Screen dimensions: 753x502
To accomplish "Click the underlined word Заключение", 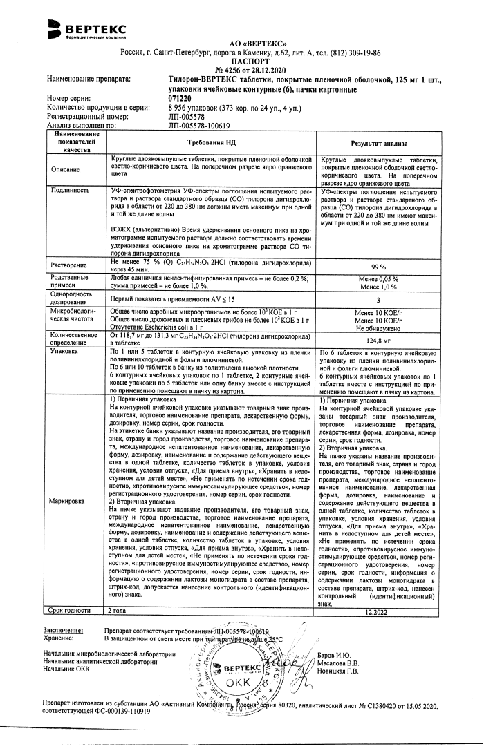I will coord(63,631).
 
